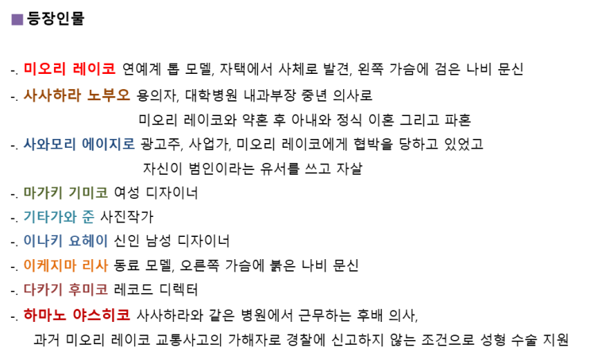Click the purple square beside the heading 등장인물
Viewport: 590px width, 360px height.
17,19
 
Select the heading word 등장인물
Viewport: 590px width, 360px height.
56,18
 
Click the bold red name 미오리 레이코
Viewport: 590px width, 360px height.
70,69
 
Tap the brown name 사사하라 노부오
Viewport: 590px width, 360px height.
77,95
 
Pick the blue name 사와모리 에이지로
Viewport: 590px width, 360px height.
79,144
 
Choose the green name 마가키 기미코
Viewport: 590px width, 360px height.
65,193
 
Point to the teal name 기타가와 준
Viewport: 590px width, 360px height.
59,217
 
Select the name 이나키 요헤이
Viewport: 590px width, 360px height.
65,241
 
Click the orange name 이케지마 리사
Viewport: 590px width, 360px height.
65,265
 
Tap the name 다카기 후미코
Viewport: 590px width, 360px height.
65,289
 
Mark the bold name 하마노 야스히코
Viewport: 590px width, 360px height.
77,315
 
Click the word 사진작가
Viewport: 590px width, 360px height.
127,217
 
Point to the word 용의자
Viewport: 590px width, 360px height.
157,95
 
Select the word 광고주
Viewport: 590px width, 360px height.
162,144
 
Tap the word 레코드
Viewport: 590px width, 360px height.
133,289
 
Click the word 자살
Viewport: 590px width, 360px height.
349,168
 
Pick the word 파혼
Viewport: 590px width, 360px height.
458,120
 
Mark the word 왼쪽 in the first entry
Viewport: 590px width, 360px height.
370,69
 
